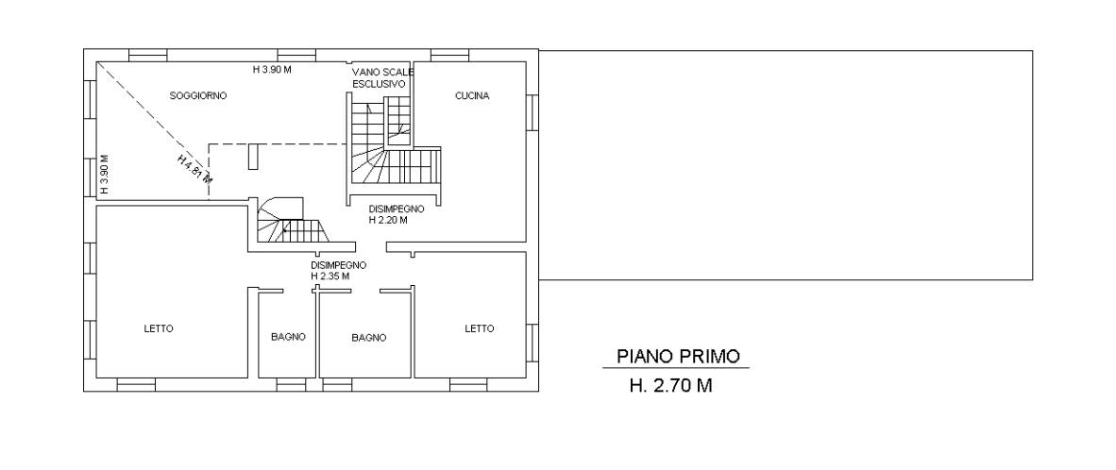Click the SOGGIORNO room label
tap(198, 95)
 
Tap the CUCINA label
tap(472, 96)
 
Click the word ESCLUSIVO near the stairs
tap(379, 83)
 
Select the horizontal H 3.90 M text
tap(273, 70)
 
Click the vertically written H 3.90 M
tap(104, 175)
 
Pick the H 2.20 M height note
tap(388, 221)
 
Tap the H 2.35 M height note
tap(330, 276)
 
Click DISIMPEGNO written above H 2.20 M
tap(397, 210)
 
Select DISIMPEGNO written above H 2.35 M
tap(338, 264)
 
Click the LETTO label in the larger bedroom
tap(158, 328)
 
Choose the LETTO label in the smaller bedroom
tap(479, 328)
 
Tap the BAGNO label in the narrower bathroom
tap(288, 337)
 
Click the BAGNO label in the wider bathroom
tap(368, 338)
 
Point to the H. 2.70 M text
tap(670, 386)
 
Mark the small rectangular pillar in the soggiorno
tap(253, 157)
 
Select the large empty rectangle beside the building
tap(786, 165)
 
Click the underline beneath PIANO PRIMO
tap(676, 368)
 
